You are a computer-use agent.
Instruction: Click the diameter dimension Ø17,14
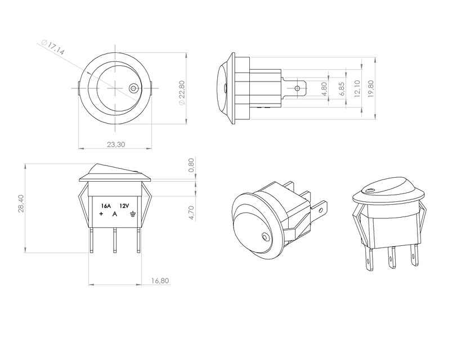53,47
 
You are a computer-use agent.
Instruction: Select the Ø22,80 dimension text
181,93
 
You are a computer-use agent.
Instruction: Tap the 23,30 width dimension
115,145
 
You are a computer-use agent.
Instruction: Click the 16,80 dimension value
160,280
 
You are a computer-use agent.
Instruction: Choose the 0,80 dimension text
191,165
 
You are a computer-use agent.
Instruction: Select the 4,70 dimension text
191,212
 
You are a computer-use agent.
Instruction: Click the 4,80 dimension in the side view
324,89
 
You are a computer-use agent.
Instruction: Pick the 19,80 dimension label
371,89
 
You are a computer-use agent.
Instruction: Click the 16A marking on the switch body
105,206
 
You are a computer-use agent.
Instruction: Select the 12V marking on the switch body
124,206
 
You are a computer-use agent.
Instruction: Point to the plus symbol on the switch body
101,214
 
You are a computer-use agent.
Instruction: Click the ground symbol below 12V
131,214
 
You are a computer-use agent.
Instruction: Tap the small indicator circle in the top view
133,88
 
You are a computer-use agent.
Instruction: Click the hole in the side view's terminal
298,88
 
